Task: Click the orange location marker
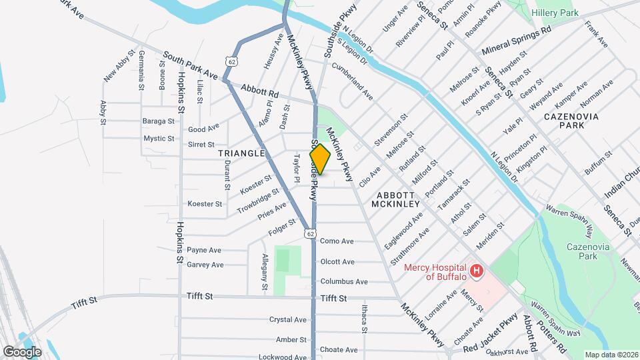point(320,159)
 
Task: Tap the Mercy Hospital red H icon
point(477,271)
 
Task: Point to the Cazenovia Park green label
point(577,251)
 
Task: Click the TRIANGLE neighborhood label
point(241,153)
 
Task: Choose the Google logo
point(22,351)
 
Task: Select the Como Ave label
point(337,241)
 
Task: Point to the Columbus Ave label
point(344,282)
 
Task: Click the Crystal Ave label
point(287,320)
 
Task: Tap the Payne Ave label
point(204,250)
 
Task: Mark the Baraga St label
point(158,121)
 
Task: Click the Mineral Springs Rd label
point(516,39)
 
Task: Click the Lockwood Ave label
point(283,357)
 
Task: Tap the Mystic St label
point(159,139)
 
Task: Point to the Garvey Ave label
point(205,265)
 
